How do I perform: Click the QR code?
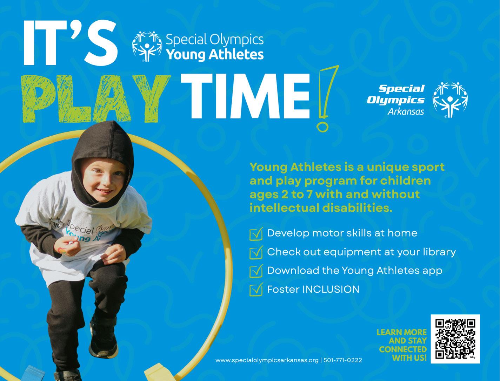455,339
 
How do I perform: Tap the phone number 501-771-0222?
342,360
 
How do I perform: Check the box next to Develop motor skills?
256,233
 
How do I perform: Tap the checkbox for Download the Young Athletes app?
256,271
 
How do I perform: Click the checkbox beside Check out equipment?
256,252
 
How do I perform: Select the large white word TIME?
246,96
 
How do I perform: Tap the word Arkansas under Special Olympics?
406,112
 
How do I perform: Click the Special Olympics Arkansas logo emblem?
450,100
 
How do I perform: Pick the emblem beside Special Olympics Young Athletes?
147,46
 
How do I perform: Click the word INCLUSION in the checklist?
331,289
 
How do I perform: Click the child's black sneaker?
104,339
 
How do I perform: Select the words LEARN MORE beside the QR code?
402,332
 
